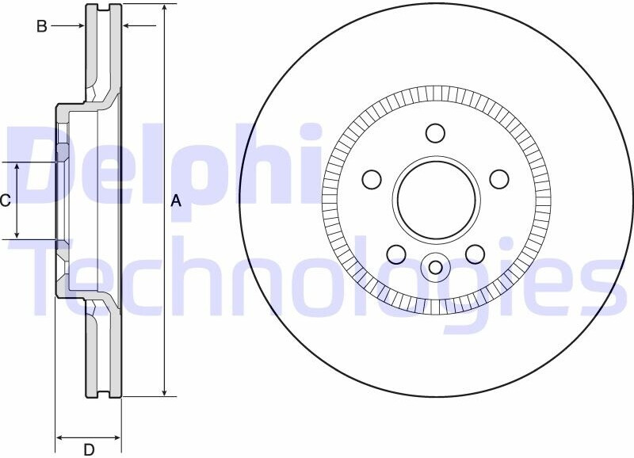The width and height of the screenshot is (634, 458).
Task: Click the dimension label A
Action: coord(176,200)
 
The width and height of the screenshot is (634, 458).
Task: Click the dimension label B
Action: coord(42,27)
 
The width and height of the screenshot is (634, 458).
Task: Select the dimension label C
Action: coord(5,200)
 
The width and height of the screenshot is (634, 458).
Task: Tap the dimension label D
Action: coord(89,449)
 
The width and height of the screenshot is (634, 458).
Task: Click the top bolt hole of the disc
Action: coord(435,133)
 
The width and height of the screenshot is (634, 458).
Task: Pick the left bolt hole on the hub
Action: coord(372,179)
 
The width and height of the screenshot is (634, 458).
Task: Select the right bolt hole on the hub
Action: coord(499,179)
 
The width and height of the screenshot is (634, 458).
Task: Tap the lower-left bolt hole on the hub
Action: coord(396,254)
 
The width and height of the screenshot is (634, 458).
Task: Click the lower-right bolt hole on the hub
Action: coord(475,254)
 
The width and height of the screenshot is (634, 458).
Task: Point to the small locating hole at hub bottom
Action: coord(435,267)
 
